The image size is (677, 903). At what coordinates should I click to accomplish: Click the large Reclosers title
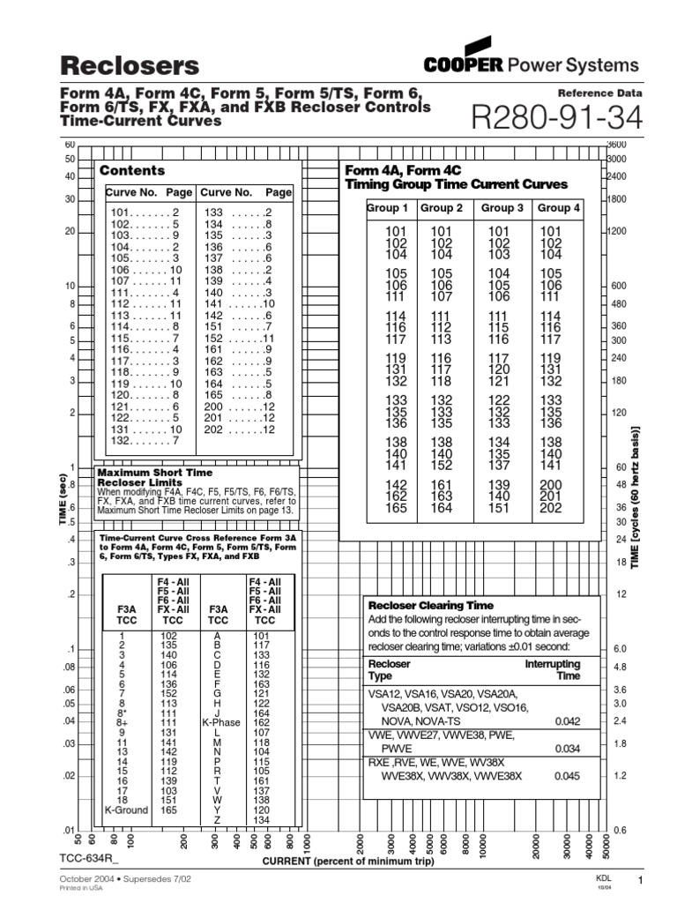tap(129, 65)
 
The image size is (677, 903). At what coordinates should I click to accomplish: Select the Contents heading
tap(132, 170)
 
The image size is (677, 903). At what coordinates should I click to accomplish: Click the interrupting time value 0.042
tap(567, 720)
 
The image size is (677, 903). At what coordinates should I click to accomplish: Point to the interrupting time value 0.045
tap(567, 776)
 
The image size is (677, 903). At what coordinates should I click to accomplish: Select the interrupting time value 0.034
tap(567, 749)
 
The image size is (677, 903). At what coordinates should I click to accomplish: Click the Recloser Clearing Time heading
tap(430, 606)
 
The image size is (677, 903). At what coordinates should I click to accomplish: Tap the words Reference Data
tap(600, 93)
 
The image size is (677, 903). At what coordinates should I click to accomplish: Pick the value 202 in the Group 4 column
tap(551, 507)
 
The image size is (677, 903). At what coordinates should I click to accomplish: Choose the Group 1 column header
tap(387, 208)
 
